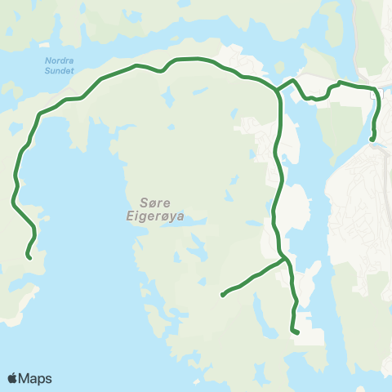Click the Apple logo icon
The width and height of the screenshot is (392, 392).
pos(12,378)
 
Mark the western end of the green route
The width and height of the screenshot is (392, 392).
pos(29,257)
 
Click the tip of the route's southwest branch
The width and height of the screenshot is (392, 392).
pos(222,295)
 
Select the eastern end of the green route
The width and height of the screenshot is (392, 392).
pos(372,140)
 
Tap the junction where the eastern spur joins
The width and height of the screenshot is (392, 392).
pos(279,87)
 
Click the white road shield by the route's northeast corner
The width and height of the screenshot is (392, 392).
pos(376,96)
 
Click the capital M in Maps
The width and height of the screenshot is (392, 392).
pos(24,379)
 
